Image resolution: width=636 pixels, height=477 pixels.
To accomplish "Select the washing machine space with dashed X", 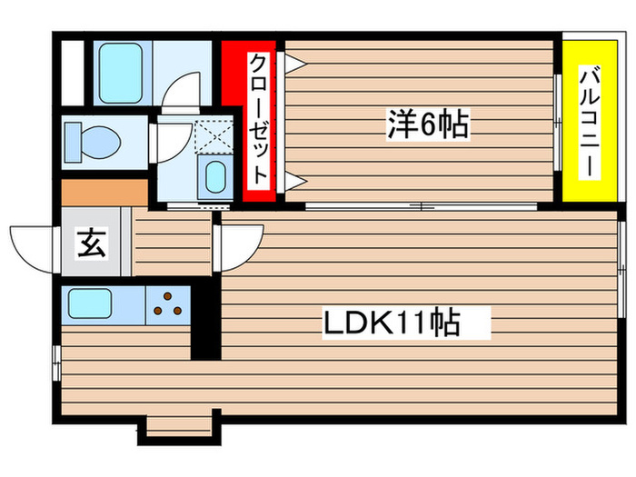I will tap(212, 136).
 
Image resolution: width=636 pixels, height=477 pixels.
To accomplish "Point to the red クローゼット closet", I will tap(258, 118).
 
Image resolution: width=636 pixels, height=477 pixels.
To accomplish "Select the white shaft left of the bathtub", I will tap(71, 69).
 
